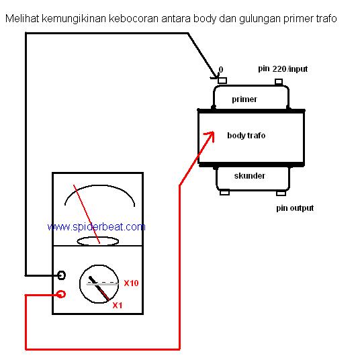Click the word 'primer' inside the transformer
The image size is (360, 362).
click(x=244, y=99)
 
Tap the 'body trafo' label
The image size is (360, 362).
click(x=246, y=135)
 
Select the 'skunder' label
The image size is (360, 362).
click(x=249, y=176)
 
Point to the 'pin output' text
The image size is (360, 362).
click(x=295, y=208)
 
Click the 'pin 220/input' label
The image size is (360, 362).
click(x=283, y=69)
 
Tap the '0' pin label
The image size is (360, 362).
click(x=221, y=69)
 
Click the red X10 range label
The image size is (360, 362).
click(x=131, y=283)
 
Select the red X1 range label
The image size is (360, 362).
click(x=118, y=306)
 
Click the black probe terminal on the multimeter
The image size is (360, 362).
click(x=61, y=275)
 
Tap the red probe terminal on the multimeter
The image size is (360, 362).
click(x=61, y=294)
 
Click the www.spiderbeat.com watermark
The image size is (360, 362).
click(x=96, y=227)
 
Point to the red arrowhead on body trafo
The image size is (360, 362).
click(x=210, y=136)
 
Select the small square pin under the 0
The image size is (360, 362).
click(x=222, y=81)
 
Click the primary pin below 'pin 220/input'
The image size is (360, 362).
click(x=279, y=81)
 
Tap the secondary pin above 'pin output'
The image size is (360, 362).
click(x=281, y=193)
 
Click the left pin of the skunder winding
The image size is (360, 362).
click(x=224, y=193)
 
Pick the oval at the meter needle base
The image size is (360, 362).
click(x=97, y=241)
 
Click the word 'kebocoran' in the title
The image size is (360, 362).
click(x=133, y=19)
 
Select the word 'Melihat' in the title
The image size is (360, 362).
click(x=22, y=19)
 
